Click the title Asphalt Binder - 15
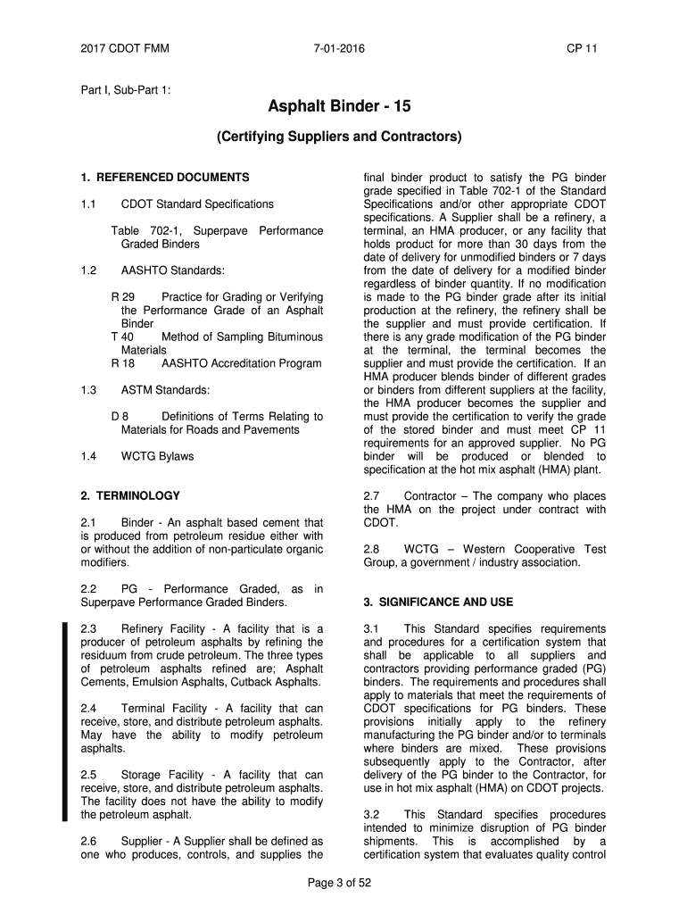tap(339, 108)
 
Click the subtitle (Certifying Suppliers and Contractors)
tap(339, 137)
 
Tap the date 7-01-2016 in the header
tap(339, 48)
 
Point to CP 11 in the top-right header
tap(582, 48)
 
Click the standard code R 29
tap(122, 296)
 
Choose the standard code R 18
tap(122, 363)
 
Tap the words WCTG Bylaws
tap(157, 456)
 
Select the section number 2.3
tap(88, 629)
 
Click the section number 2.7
tap(372, 496)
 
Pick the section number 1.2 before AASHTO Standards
tap(87, 270)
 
